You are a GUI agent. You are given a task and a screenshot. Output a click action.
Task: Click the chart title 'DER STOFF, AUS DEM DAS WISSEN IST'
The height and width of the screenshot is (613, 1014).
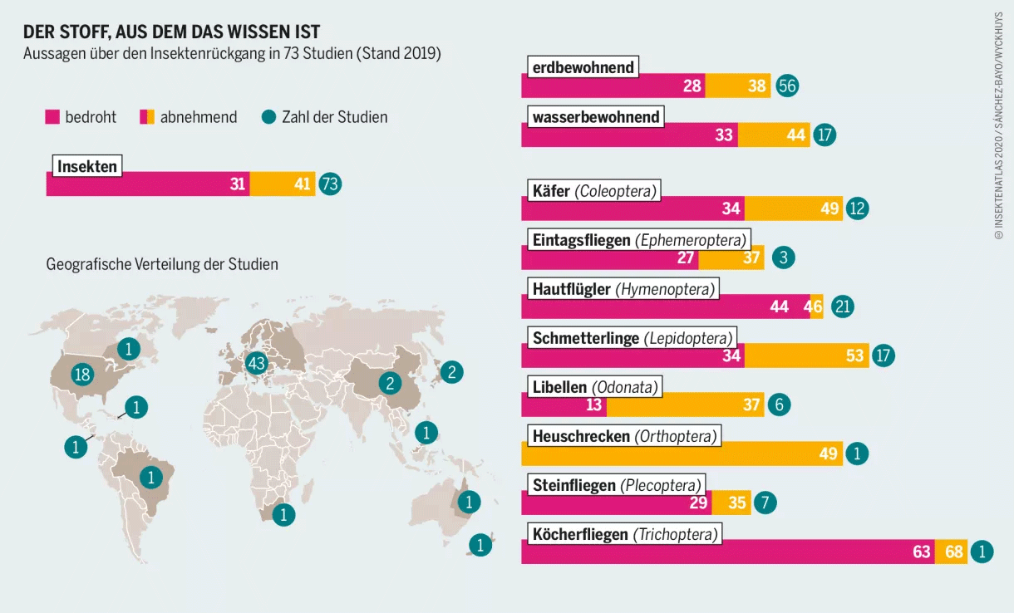click(171, 32)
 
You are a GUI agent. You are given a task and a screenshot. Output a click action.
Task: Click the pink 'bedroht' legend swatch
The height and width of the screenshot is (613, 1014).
click(52, 117)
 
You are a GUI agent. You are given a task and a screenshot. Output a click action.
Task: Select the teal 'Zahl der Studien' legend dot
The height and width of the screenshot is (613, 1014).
click(268, 117)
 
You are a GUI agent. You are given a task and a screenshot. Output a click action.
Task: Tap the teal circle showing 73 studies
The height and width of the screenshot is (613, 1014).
click(330, 184)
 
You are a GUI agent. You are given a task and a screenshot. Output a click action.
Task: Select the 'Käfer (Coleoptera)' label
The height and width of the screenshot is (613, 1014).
click(594, 192)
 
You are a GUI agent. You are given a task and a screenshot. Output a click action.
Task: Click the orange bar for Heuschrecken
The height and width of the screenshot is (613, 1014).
click(682, 454)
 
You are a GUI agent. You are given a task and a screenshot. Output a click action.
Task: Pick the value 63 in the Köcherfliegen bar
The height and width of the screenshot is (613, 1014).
click(921, 552)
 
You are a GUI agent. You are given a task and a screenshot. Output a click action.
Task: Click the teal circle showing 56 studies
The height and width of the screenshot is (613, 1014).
click(787, 86)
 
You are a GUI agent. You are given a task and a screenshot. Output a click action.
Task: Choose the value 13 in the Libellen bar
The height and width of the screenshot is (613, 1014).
click(593, 405)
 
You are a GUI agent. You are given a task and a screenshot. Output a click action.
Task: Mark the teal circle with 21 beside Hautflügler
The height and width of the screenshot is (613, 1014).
click(843, 306)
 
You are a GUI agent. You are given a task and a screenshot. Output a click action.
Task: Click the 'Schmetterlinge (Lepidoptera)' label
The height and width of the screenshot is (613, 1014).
click(633, 338)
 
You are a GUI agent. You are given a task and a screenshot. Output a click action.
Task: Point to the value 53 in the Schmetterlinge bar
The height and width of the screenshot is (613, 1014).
click(854, 356)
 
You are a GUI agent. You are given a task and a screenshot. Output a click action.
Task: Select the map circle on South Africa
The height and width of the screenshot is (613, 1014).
click(283, 515)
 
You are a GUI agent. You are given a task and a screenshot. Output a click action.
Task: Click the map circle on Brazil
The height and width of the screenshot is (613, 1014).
click(150, 478)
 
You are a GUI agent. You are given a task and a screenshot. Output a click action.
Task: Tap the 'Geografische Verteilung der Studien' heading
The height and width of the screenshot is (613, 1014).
click(162, 265)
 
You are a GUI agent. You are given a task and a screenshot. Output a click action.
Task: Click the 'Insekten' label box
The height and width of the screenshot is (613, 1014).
click(86, 166)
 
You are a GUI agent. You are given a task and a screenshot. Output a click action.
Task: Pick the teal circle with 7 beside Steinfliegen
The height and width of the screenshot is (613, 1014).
click(765, 503)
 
